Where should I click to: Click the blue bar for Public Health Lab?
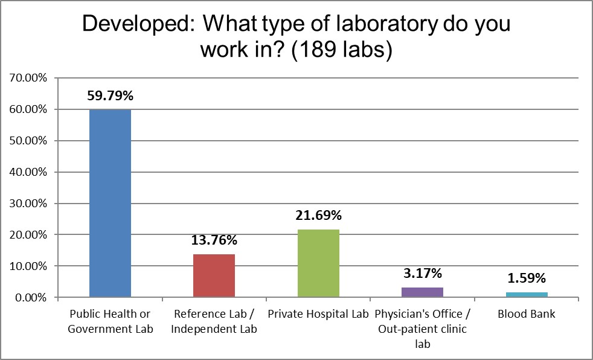(x=110, y=203)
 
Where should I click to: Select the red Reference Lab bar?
(x=214, y=275)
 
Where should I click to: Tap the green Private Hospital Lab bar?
(x=318, y=263)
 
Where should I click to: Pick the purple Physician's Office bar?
(x=422, y=292)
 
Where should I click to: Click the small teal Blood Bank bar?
(x=527, y=295)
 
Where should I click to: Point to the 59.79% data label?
(x=110, y=95)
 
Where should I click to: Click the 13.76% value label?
(x=214, y=240)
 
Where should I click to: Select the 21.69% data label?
(x=318, y=216)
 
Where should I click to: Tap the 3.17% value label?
(x=422, y=274)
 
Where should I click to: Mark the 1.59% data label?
(x=527, y=278)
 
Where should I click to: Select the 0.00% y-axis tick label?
(x=28, y=298)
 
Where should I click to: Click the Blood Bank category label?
(x=527, y=314)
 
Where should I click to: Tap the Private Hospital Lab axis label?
(x=318, y=314)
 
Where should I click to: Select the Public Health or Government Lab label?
(x=110, y=321)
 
